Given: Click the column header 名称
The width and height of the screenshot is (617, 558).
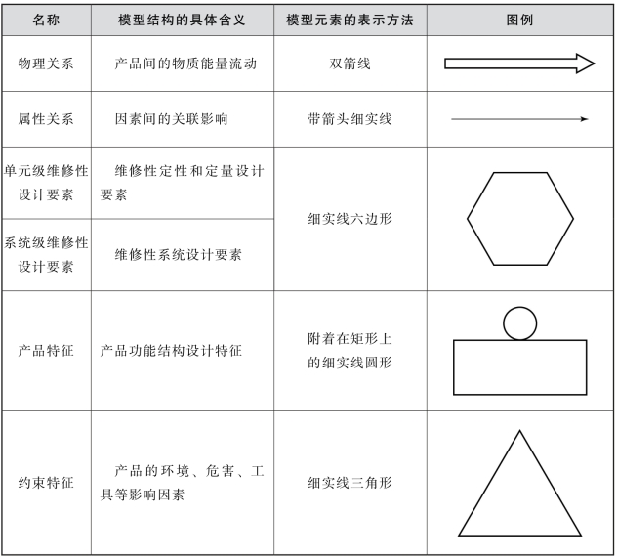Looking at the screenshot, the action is coord(46,20).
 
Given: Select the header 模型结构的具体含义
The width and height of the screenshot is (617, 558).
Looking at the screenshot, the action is coord(183,20).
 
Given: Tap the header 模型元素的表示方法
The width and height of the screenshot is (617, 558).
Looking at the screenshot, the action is coord(350,20).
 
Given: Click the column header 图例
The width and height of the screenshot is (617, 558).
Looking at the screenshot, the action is coord(520,20).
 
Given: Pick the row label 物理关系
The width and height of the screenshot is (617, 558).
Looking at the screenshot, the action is coord(46,64).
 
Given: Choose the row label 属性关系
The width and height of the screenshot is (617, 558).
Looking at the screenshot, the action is coord(46,119).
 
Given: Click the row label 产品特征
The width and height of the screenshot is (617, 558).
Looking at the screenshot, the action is coord(46,350).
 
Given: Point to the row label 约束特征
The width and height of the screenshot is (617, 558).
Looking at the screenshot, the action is coord(46,483).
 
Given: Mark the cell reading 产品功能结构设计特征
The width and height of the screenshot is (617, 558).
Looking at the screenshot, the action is coord(171,350).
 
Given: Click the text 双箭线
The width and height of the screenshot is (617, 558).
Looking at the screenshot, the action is coord(350,64).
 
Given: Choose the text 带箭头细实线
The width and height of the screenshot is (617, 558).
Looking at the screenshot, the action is coord(350,119).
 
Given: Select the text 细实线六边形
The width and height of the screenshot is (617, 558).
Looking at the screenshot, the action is coord(350,219).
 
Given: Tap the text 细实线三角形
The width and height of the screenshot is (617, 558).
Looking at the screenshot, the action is coord(350,483).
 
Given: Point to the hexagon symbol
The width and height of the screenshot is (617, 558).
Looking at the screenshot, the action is coord(519,219).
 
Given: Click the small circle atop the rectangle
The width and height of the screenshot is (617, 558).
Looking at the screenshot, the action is coord(519,323).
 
